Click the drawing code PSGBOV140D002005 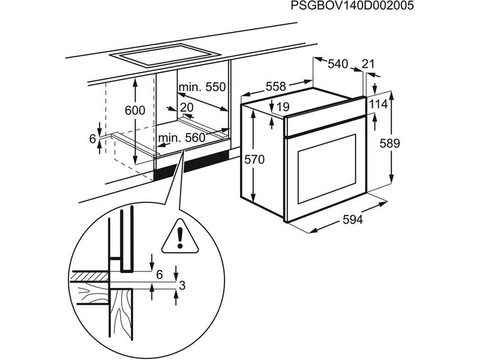[x=344, y=7]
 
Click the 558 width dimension [x=276, y=86]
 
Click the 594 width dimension [x=353, y=220]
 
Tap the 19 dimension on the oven [x=284, y=107]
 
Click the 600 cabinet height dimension [x=135, y=110]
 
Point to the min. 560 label [x=182, y=138]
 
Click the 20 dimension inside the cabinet [x=187, y=107]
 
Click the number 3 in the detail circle [x=183, y=286]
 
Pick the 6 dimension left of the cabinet [x=92, y=139]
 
